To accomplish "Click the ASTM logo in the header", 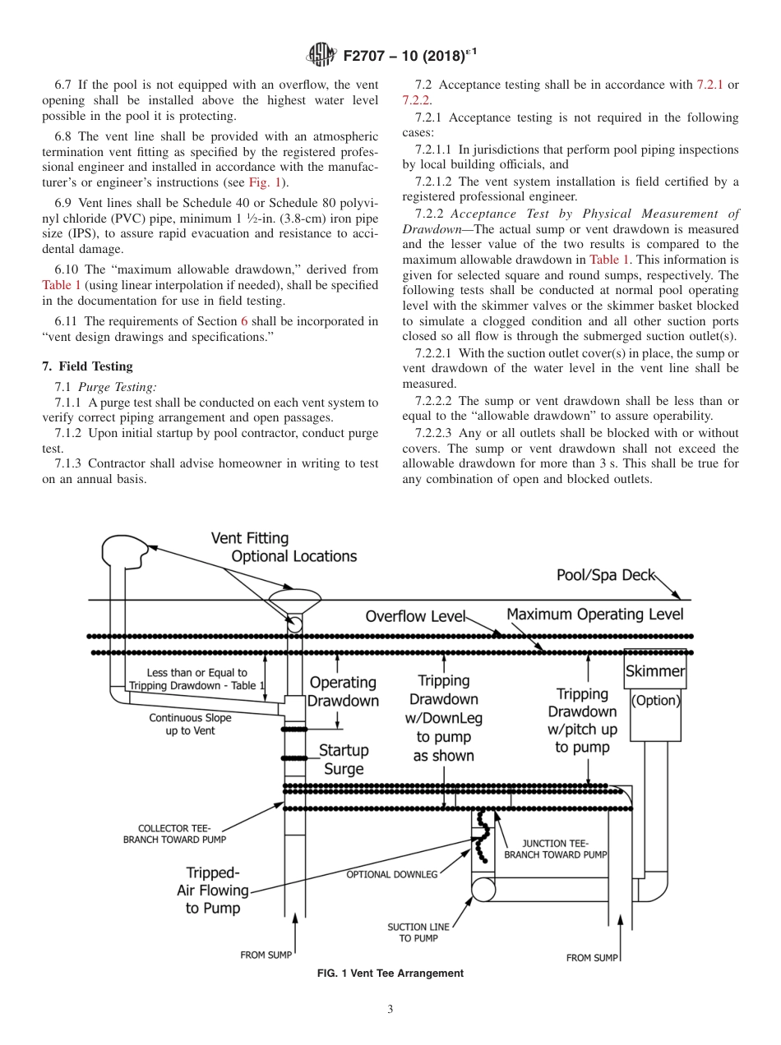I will click(x=321, y=55).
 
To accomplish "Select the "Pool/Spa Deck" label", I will click(x=605, y=575).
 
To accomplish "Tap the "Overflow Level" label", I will click(x=415, y=616).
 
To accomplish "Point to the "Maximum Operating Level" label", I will click(x=594, y=614).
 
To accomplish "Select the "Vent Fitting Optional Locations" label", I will click(x=284, y=547).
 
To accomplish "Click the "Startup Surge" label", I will click(x=344, y=760).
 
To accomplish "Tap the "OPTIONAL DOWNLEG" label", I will click(x=391, y=874).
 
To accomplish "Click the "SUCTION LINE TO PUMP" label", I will click(x=418, y=932).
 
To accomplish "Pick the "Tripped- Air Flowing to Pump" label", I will click(x=213, y=891).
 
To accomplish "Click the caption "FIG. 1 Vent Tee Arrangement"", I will click(x=390, y=974).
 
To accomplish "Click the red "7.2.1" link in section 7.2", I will click(x=711, y=85).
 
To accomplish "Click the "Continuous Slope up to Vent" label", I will click(x=190, y=724).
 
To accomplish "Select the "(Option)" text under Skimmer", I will click(x=655, y=701).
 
